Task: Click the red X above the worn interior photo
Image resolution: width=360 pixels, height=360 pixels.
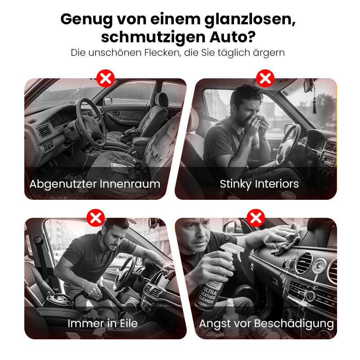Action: (x=105, y=79)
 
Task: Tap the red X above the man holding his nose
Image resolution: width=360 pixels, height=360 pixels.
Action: (x=265, y=79)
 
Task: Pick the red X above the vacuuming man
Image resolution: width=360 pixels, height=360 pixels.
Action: (x=95, y=219)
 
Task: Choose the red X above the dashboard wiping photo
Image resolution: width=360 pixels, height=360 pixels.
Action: (x=255, y=219)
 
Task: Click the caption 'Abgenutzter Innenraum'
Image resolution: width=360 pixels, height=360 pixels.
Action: (x=94, y=184)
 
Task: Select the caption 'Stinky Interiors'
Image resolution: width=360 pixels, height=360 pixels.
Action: (x=259, y=184)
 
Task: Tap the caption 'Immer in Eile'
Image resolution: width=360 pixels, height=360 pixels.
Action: (x=103, y=323)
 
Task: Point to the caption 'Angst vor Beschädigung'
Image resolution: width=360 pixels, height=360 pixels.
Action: (x=266, y=324)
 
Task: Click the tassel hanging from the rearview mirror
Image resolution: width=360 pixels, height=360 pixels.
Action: (x=315, y=104)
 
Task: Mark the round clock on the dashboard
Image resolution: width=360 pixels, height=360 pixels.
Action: (x=319, y=267)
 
